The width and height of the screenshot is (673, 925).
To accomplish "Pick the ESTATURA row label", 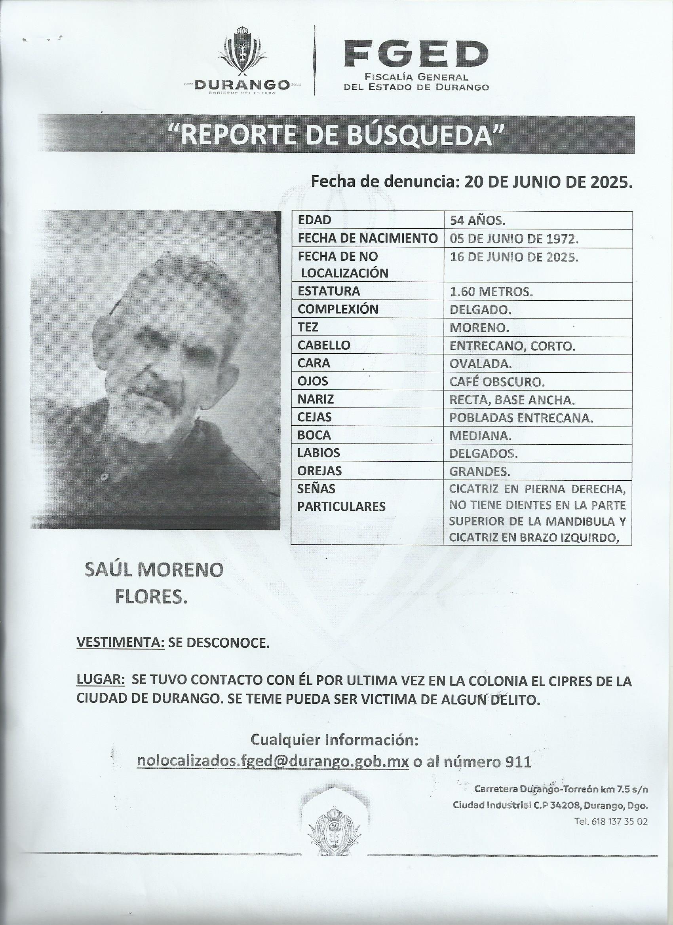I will tap(329, 291).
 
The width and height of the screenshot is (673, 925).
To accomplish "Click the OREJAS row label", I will tap(320, 471).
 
